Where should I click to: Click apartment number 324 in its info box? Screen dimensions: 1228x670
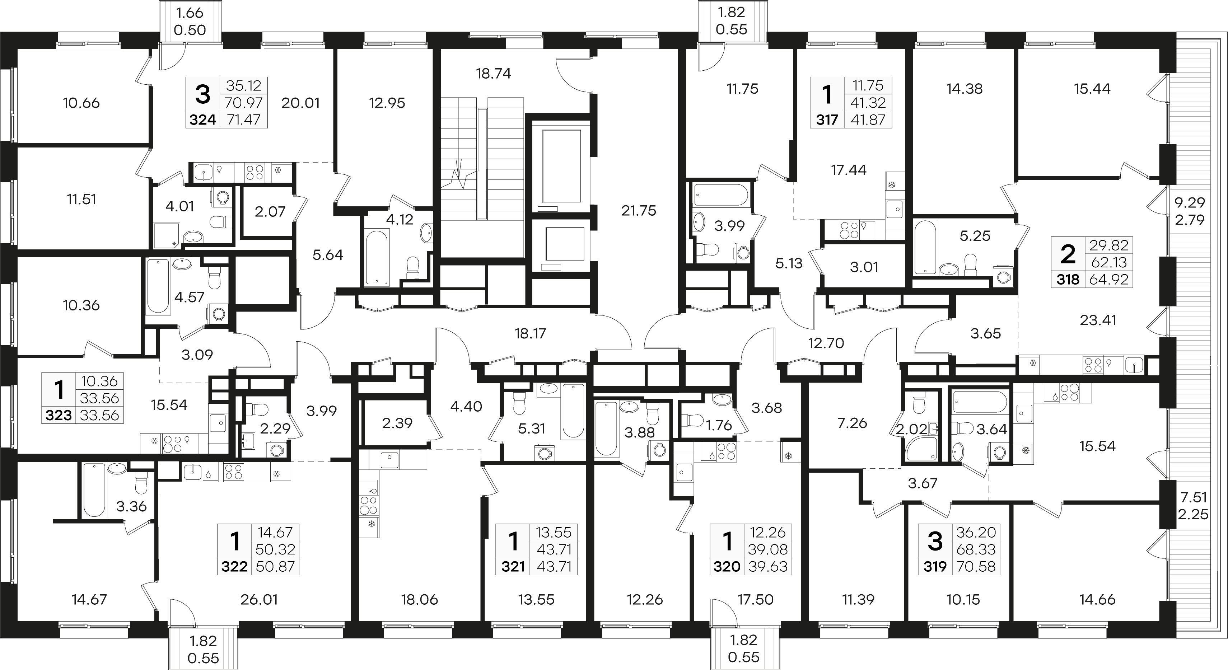point(202,120)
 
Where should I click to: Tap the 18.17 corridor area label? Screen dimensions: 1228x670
point(530,334)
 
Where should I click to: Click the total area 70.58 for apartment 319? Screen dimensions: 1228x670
point(976,567)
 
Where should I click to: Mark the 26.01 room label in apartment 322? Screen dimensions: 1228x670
point(259,599)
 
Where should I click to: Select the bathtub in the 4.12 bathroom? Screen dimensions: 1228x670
point(377,258)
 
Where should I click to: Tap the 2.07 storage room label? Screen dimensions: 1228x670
point(270,212)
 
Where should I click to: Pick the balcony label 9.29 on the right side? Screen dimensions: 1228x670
point(1189,202)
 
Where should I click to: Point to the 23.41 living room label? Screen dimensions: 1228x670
point(1098,320)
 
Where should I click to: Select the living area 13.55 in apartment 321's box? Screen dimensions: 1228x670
point(554,532)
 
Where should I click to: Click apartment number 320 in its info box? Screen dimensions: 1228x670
point(727,567)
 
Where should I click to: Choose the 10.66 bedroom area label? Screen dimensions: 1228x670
point(81,103)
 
